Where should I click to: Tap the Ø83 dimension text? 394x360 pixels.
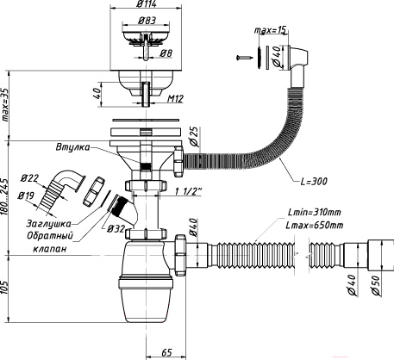[147, 21]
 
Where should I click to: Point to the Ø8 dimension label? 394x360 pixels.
[166, 53]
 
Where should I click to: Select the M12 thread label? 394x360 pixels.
[175, 99]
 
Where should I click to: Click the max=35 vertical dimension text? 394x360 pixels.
[5, 104]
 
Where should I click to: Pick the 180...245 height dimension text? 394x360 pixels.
[5, 197]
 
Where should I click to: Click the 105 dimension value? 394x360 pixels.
[5, 288]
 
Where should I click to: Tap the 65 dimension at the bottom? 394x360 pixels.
[166, 351]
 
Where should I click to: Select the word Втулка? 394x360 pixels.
[72, 147]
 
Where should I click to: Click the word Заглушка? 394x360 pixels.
[49, 223]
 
